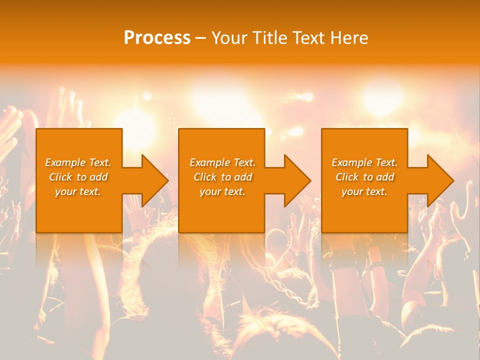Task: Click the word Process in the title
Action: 157,38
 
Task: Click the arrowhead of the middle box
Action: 296,180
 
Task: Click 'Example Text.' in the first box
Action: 78,162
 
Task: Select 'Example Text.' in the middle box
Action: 222,162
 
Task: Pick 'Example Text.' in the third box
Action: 364,162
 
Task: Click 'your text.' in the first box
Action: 78,191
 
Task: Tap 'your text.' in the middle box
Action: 222,191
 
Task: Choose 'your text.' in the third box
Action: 364,191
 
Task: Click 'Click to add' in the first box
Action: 78,177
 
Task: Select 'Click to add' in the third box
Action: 365,177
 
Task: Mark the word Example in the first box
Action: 65,162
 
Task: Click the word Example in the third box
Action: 351,162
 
